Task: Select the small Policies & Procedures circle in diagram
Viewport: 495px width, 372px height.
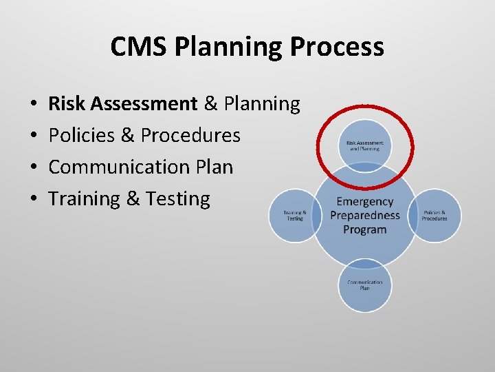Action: [434, 216]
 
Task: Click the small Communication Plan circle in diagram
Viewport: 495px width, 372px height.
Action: [365, 285]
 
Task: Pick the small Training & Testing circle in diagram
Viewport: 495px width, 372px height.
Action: [295, 216]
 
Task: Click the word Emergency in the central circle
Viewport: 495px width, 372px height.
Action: [365, 202]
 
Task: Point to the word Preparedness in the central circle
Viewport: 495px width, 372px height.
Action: [365, 216]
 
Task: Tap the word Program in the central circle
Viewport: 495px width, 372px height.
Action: [365, 229]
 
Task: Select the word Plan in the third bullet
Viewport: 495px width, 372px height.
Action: [215, 167]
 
